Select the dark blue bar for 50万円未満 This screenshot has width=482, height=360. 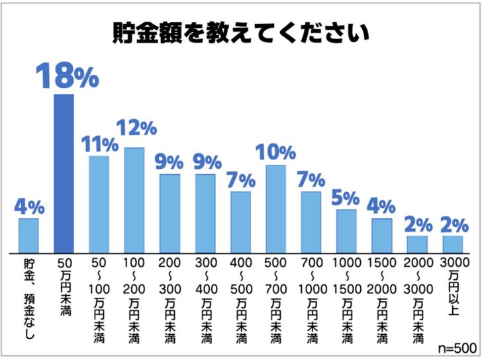click(x=64, y=173)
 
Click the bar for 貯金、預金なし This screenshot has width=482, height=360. click(x=28, y=236)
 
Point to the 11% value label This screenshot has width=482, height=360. click(x=99, y=142)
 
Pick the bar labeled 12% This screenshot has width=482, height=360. click(x=134, y=200)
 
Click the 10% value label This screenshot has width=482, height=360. click(x=275, y=152)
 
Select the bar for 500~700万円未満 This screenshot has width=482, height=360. click(x=275, y=208)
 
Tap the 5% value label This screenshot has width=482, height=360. click(x=346, y=197)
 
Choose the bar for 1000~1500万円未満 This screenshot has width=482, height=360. click(x=346, y=231)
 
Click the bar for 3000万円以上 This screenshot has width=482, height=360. click(x=453, y=244)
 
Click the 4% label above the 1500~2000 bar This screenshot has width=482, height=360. click(x=382, y=206)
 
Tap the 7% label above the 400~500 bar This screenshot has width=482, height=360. click(x=240, y=179)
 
